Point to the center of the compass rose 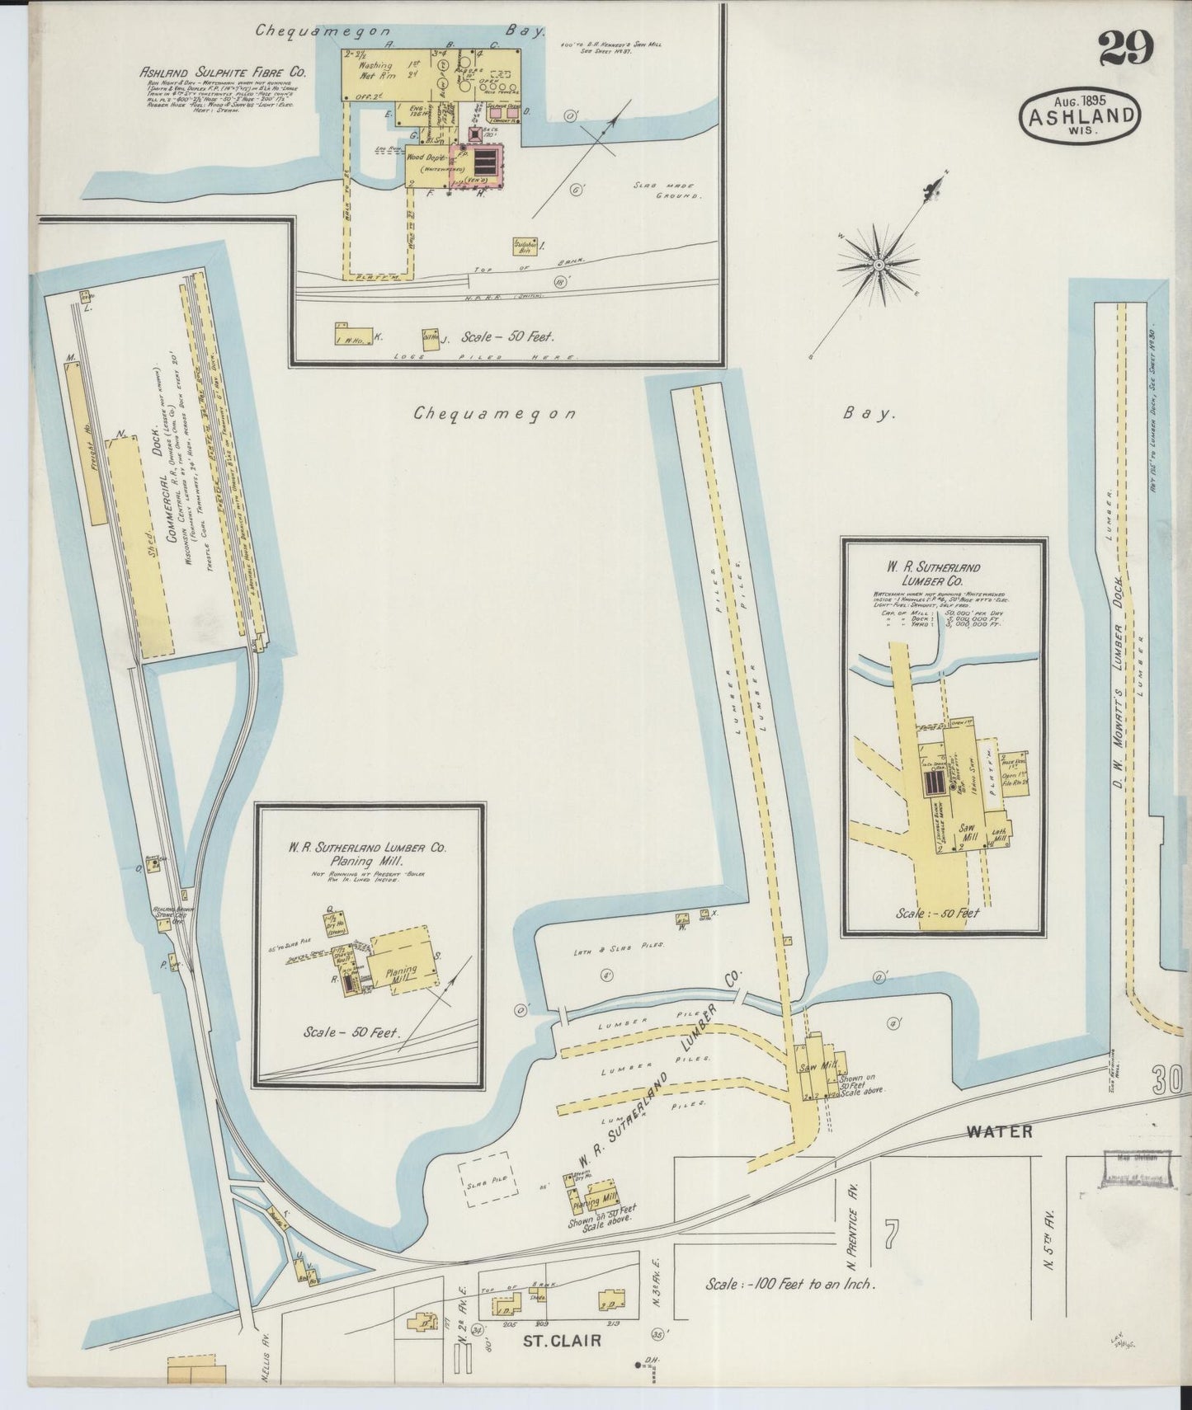coord(879,265)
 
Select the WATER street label coord(999,1130)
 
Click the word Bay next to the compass coord(869,414)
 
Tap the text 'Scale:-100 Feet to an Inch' coord(789,1284)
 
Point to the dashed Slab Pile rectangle coord(488,1183)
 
